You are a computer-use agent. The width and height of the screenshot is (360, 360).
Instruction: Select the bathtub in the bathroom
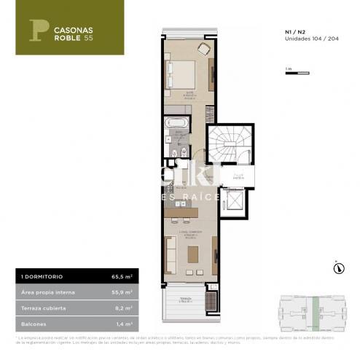point(177,122)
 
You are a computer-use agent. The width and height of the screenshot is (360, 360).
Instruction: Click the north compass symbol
point(337,269)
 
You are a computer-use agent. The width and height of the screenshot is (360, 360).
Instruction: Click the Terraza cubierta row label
point(43,306)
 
